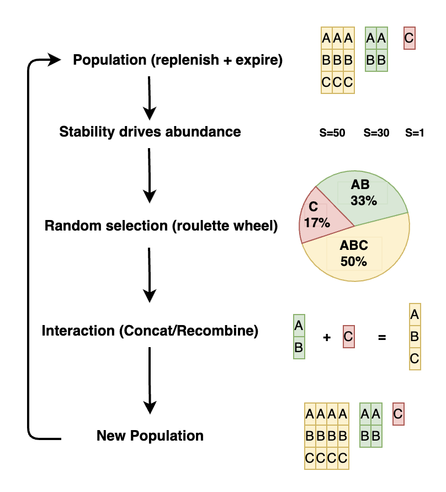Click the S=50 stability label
(x=332, y=133)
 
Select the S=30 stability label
(x=376, y=133)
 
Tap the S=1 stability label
(x=415, y=133)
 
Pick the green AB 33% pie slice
(x=370, y=196)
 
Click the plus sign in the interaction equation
(x=326, y=337)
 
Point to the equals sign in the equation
(x=382, y=337)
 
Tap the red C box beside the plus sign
(x=348, y=337)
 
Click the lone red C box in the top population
(x=409, y=39)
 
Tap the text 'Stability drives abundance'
(x=150, y=132)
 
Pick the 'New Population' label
(x=150, y=436)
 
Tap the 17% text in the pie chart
(x=317, y=223)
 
